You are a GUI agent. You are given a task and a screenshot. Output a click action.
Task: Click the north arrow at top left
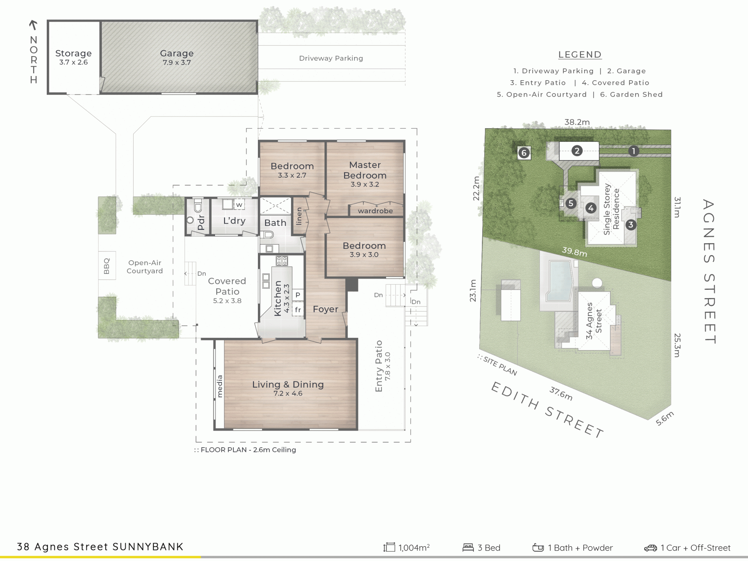(33, 25)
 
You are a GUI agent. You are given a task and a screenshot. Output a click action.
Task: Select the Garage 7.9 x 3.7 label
(177, 57)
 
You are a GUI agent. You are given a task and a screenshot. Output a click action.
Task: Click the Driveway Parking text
(331, 58)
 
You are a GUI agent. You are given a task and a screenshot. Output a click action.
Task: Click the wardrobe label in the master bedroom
(375, 211)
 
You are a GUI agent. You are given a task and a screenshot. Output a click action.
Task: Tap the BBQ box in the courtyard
(107, 266)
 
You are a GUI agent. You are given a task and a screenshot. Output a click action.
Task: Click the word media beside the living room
(220, 386)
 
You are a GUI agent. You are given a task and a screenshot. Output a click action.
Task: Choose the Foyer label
(325, 309)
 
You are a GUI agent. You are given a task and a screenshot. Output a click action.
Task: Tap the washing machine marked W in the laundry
(239, 205)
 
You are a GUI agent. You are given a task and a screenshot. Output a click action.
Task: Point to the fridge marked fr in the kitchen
(298, 310)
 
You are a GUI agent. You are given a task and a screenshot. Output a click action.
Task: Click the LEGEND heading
(580, 55)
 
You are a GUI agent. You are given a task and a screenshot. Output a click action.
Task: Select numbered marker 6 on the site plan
(524, 153)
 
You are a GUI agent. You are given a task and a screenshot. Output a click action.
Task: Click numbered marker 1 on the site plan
(633, 151)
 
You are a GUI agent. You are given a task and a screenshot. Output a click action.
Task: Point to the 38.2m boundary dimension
(577, 122)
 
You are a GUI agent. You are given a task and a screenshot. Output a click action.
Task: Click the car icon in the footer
(650, 548)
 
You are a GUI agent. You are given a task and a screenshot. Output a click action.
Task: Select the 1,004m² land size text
(414, 547)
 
